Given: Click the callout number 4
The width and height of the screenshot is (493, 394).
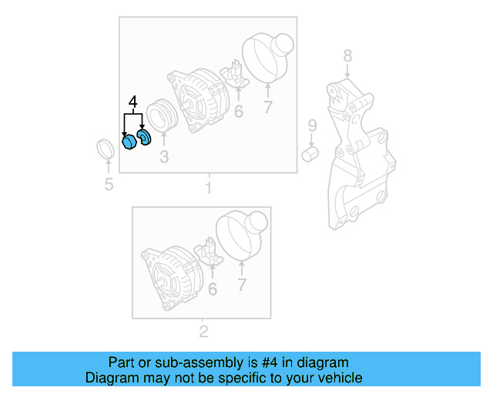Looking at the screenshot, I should (132, 102).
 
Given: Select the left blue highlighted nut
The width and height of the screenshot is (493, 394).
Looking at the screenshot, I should (129, 142).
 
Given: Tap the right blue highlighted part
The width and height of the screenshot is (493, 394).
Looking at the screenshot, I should (144, 139).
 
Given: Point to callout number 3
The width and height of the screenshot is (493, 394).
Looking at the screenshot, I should (163, 159).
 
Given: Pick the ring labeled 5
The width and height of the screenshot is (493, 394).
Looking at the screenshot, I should (106, 149).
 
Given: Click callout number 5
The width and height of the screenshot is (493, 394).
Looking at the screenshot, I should (109, 184).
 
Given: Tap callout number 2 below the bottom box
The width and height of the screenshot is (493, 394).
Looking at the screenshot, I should (203, 332).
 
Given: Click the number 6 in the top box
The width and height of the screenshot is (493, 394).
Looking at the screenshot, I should (239, 112).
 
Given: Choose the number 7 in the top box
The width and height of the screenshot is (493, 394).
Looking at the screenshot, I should (267, 108).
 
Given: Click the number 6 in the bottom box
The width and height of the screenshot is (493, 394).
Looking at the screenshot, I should (212, 289).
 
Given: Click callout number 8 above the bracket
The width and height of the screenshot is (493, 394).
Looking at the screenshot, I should (347, 55).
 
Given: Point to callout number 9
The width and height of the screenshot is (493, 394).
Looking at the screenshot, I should (312, 125).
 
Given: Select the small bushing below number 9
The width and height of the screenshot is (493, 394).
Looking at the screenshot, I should (310, 155).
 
